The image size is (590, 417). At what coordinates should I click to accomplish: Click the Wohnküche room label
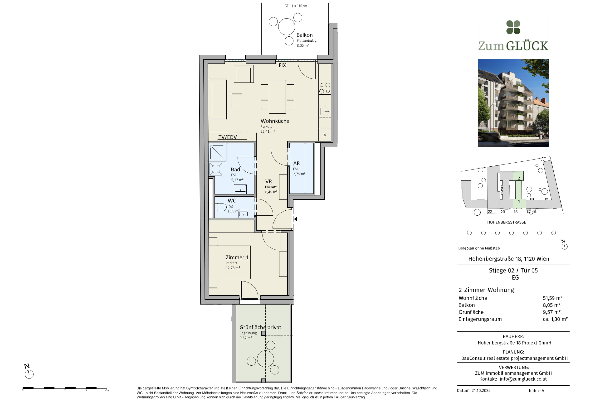[275, 121]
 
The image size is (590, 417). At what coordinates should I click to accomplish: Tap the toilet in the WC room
[221, 207]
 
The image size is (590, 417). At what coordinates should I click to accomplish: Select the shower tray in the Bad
[218, 153]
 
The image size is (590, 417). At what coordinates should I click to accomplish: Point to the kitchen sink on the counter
[325, 112]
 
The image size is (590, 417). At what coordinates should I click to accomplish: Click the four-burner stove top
[325, 88]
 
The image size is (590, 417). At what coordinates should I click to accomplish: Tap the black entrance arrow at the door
[296, 219]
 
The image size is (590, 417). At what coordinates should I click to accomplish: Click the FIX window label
[282, 65]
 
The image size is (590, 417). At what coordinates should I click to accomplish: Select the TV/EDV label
[227, 137]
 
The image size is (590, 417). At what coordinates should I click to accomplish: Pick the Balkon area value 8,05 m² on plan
[303, 45]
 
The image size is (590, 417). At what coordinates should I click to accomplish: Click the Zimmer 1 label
[237, 257]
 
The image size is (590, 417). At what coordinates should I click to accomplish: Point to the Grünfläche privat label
[260, 327]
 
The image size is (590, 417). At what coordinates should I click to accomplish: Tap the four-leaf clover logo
[513, 27]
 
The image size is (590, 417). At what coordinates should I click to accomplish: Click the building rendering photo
[513, 103]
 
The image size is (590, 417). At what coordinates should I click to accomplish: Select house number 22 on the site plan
[490, 212]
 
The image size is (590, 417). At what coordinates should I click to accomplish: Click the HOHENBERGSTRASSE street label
[506, 222]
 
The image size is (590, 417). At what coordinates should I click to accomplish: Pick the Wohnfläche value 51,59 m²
[552, 298]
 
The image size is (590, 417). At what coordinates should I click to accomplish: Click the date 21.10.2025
[481, 391]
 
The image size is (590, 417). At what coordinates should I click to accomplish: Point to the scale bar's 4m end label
[107, 391]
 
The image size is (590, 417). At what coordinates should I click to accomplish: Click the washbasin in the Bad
[240, 189]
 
